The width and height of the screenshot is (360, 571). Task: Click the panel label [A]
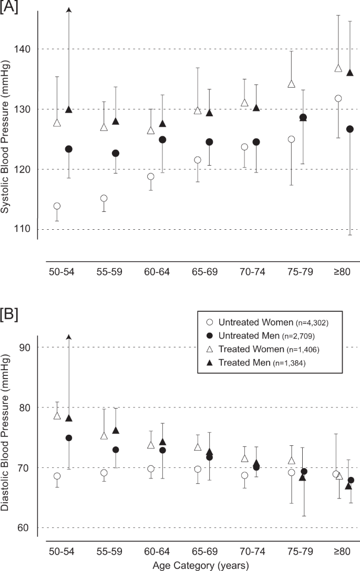tap(9, 8)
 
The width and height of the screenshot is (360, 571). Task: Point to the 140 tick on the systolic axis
tap(26, 49)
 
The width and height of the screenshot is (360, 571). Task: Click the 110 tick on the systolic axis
tap(26, 230)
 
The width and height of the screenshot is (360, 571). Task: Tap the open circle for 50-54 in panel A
tap(57, 206)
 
